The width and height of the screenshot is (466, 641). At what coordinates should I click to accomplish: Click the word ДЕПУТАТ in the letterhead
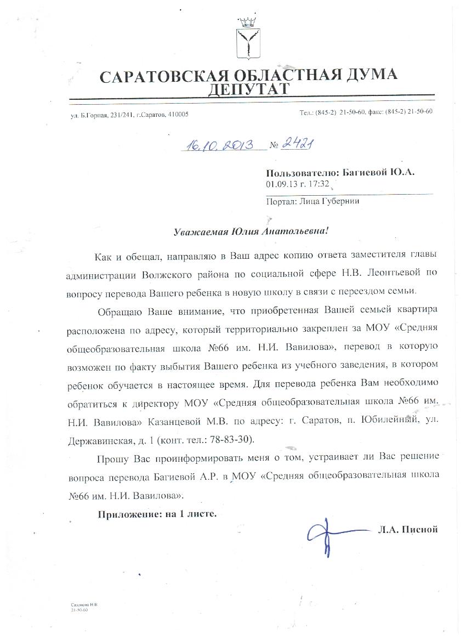pos(249,89)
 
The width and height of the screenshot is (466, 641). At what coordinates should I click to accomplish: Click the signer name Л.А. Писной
pos(407,530)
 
